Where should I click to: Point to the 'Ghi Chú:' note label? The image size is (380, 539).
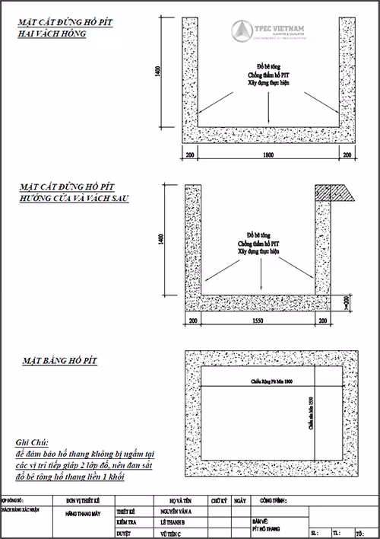click(x=31, y=442)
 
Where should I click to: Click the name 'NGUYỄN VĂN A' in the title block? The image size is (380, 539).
click(x=176, y=512)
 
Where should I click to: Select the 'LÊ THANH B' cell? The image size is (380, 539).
click(x=173, y=523)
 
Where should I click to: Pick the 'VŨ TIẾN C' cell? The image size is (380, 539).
click(x=171, y=534)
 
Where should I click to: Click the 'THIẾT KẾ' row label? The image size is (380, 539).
click(x=125, y=512)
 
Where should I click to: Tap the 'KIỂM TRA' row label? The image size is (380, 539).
click(x=125, y=523)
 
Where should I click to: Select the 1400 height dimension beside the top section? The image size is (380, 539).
click(x=158, y=71)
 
